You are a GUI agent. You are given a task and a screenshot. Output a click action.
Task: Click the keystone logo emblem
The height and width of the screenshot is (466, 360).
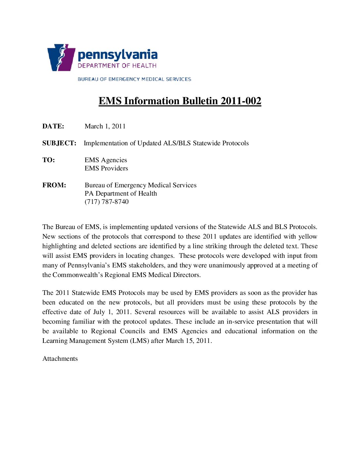(x=61, y=57)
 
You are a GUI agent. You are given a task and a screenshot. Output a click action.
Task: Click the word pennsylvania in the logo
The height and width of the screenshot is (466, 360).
(x=117, y=55)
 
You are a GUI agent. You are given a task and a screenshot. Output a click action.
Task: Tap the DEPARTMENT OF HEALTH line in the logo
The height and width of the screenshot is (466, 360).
(x=117, y=66)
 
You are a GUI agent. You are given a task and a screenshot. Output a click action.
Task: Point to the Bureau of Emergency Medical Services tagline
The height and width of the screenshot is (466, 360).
(x=134, y=79)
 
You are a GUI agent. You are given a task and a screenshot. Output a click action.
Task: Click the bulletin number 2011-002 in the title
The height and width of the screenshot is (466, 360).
(x=241, y=101)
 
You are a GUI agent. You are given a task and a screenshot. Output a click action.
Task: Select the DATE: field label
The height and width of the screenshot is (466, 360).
(x=53, y=126)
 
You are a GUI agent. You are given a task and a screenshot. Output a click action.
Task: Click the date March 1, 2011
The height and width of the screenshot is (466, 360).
(x=105, y=126)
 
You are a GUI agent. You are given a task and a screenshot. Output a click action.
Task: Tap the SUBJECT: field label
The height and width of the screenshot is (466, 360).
(x=59, y=143)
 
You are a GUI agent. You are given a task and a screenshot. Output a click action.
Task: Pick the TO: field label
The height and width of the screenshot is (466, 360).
(x=49, y=160)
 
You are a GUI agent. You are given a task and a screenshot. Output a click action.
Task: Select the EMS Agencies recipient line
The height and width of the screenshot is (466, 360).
(x=106, y=160)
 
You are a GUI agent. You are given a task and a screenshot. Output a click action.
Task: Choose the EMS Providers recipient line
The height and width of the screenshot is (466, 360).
(x=106, y=168)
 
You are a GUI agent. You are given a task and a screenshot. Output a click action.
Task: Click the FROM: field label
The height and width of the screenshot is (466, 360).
(x=54, y=185)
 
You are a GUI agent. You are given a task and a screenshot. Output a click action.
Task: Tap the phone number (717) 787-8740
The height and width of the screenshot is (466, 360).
(x=107, y=202)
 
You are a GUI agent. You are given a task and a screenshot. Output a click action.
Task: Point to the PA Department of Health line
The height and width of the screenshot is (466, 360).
(x=121, y=193)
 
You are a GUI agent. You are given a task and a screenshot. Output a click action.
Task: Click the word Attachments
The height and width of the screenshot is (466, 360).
(x=60, y=358)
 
